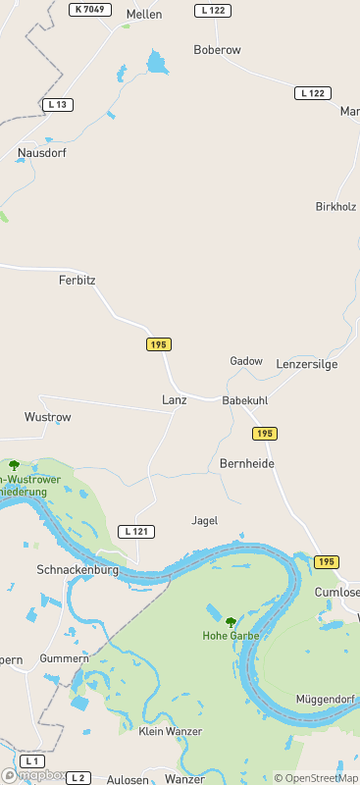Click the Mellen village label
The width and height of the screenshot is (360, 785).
[144, 15]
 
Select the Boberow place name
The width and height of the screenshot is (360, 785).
[217, 49]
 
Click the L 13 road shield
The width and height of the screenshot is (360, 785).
[59, 104]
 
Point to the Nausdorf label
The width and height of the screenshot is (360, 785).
[40, 153]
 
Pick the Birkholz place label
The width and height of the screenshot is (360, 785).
[335, 207]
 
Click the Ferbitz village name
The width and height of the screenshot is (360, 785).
[77, 280]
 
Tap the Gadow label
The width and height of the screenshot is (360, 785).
[246, 361]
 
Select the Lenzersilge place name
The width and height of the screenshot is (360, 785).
[307, 363]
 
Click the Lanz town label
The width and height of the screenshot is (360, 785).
[174, 400]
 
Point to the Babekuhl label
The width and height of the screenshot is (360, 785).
[245, 401]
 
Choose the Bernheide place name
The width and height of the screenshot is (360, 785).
[247, 463]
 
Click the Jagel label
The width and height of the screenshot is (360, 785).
[205, 521]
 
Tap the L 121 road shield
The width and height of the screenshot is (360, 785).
[136, 531]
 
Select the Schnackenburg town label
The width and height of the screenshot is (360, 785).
[77, 569]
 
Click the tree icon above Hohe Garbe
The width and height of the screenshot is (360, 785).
[231, 621]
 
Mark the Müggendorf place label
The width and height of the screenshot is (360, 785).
[325, 699]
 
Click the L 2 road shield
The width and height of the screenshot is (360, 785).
[79, 777]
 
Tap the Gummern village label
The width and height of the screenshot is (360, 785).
[64, 657]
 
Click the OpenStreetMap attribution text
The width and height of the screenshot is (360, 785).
[316, 777]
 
